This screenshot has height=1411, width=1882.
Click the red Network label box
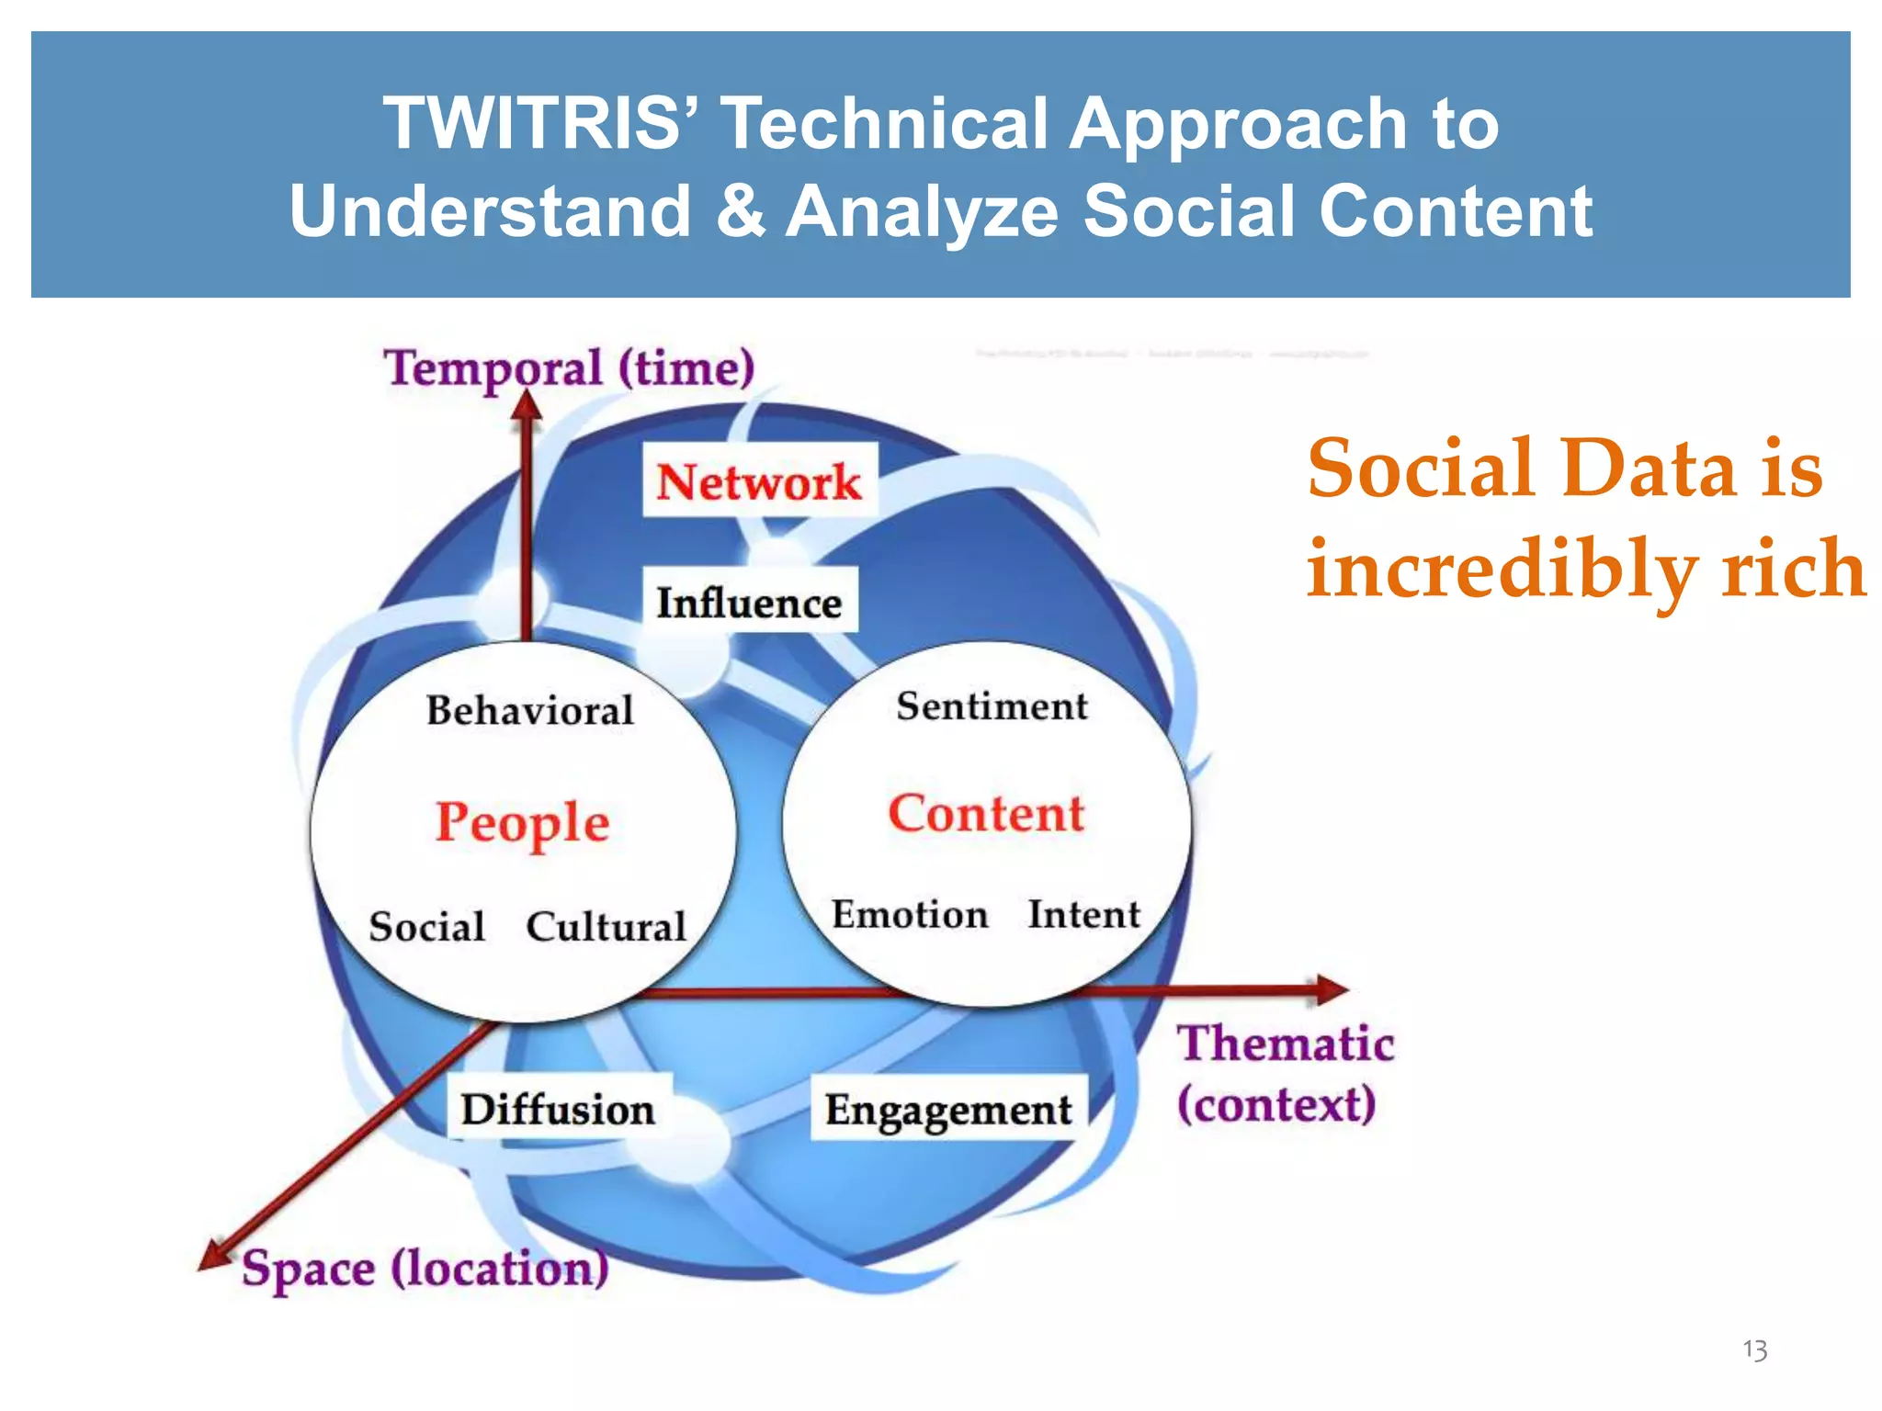pos(759,480)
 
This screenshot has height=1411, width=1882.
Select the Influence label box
pos(749,602)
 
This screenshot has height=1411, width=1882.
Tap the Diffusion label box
pos(558,1108)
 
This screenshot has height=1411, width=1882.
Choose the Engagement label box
pos(947,1109)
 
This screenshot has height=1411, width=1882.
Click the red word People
pos(522,821)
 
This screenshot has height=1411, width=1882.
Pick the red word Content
pos(986,813)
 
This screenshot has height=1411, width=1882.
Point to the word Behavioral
pos(530,710)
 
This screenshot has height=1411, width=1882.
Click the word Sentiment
pos(992,705)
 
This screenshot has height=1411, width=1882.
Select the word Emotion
pos(910,914)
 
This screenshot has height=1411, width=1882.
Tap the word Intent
pos(1083,914)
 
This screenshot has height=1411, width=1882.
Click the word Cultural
pos(607,926)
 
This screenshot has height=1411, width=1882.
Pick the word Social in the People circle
pos(426,926)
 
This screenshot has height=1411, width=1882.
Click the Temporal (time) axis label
pos(569,367)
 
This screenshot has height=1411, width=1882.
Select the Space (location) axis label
pos(425,1269)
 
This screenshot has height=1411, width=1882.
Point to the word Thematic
pos(1286,1044)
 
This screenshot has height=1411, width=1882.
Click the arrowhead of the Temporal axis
pos(527,407)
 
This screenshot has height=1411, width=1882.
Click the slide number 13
pos(1754,1349)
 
